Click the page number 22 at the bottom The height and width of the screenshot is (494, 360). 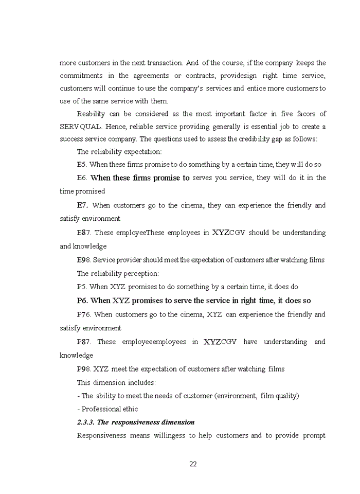click(193, 464)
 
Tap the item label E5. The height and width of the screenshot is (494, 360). click(82, 165)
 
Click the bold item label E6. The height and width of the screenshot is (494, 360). click(82, 178)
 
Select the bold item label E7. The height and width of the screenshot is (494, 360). click(82, 205)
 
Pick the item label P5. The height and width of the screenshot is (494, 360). click(82, 287)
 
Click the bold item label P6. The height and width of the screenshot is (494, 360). click(82, 301)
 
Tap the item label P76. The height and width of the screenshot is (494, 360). click(84, 314)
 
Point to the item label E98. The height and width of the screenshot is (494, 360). click(84, 260)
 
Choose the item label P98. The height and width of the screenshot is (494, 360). click(84, 369)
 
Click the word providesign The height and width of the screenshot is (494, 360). click(237, 76)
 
